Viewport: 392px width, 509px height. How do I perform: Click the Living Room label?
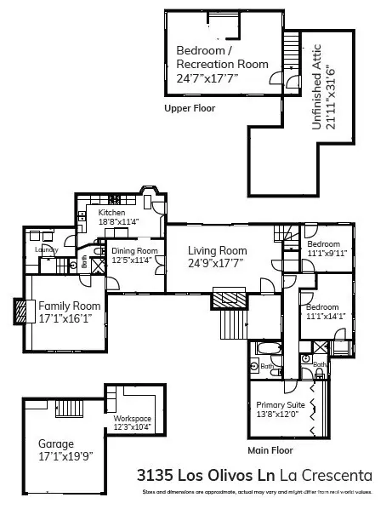click(x=218, y=250)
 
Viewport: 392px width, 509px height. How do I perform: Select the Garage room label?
click(x=56, y=443)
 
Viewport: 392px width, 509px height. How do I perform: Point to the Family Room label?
click(x=70, y=306)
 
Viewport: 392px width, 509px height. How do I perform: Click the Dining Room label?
click(x=134, y=251)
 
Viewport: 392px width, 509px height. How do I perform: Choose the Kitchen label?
click(x=111, y=213)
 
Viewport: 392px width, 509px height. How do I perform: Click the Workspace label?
click(x=132, y=419)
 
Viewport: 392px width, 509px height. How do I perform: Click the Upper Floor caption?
click(x=190, y=108)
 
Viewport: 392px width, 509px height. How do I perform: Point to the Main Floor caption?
click(x=270, y=449)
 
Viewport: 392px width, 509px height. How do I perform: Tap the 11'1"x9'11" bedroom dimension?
click(x=327, y=253)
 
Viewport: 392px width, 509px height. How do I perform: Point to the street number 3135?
click(x=156, y=473)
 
